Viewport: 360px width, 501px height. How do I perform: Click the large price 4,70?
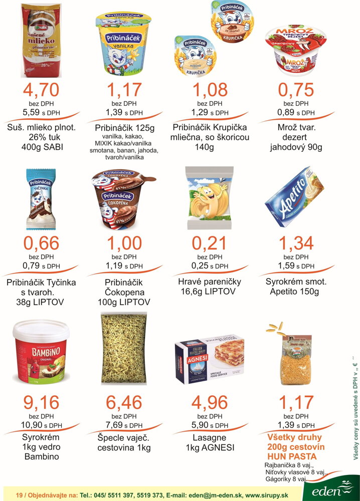(x=41, y=90)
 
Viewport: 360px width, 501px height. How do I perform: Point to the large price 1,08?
(x=210, y=90)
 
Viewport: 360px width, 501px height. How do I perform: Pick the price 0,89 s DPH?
(x=296, y=113)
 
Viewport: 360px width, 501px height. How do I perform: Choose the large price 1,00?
(x=124, y=243)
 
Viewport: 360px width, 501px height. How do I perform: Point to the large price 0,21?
(x=210, y=243)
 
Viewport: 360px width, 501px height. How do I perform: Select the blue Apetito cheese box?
(x=295, y=196)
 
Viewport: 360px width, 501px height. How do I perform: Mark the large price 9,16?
(x=41, y=402)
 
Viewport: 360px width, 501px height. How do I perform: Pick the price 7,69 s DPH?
(x=124, y=425)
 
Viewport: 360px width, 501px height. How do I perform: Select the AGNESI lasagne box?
(x=210, y=356)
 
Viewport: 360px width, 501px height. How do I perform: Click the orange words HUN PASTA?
(x=292, y=456)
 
